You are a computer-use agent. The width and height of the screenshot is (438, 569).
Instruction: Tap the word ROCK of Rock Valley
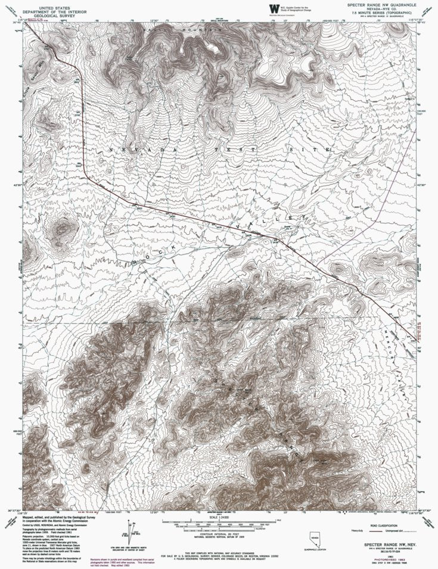pyautogui.click(x=156, y=253)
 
